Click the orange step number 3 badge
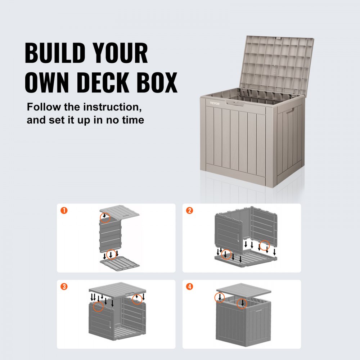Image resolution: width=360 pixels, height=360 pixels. tap(64, 287)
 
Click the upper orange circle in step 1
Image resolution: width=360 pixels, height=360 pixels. tap(105, 217)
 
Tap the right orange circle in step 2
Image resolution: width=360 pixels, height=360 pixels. tap(265, 245)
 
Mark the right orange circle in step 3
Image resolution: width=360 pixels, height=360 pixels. tap(136, 298)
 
